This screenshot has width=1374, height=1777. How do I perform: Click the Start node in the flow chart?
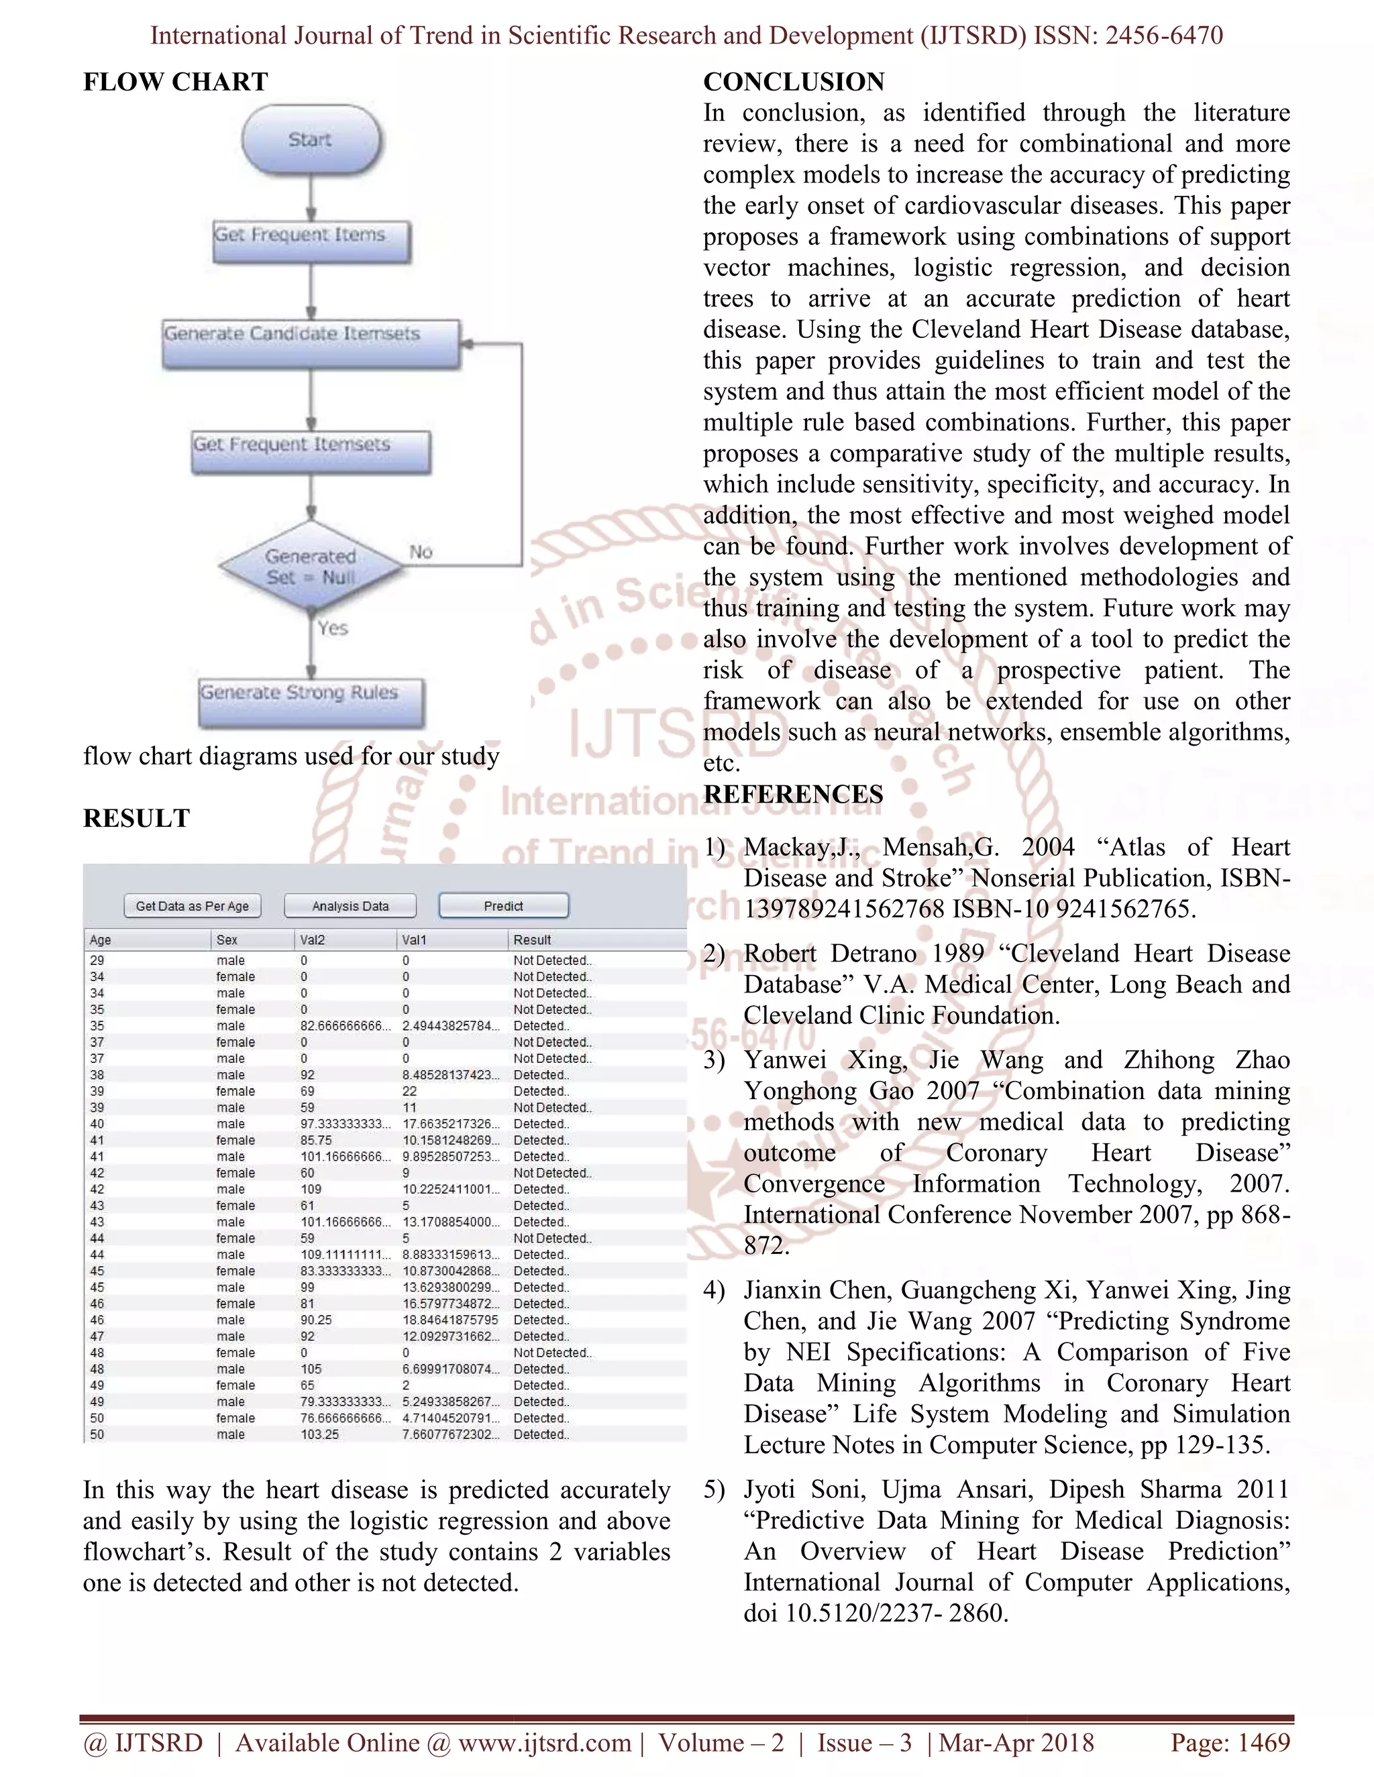pos(311,140)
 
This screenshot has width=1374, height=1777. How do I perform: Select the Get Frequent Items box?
pos(311,241)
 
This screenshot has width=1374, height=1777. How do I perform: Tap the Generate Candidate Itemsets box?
pos(311,343)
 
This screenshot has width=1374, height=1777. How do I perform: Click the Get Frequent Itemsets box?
pos(311,451)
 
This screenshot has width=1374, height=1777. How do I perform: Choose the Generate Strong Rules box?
pos(311,701)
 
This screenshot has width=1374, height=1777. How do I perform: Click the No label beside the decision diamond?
pos(421,553)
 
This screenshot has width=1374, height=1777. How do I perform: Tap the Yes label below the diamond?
pos(333,628)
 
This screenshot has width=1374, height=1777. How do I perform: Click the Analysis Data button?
pos(350,905)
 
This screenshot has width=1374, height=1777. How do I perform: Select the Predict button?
pos(503,905)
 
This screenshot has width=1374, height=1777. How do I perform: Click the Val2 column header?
pos(313,939)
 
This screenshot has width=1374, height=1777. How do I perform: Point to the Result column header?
pos(532,939)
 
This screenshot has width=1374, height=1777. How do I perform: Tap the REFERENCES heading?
pos(793,794)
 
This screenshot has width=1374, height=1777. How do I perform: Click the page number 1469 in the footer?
pos(1263,1742)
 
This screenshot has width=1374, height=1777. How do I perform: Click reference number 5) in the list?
pos(714,1490)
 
